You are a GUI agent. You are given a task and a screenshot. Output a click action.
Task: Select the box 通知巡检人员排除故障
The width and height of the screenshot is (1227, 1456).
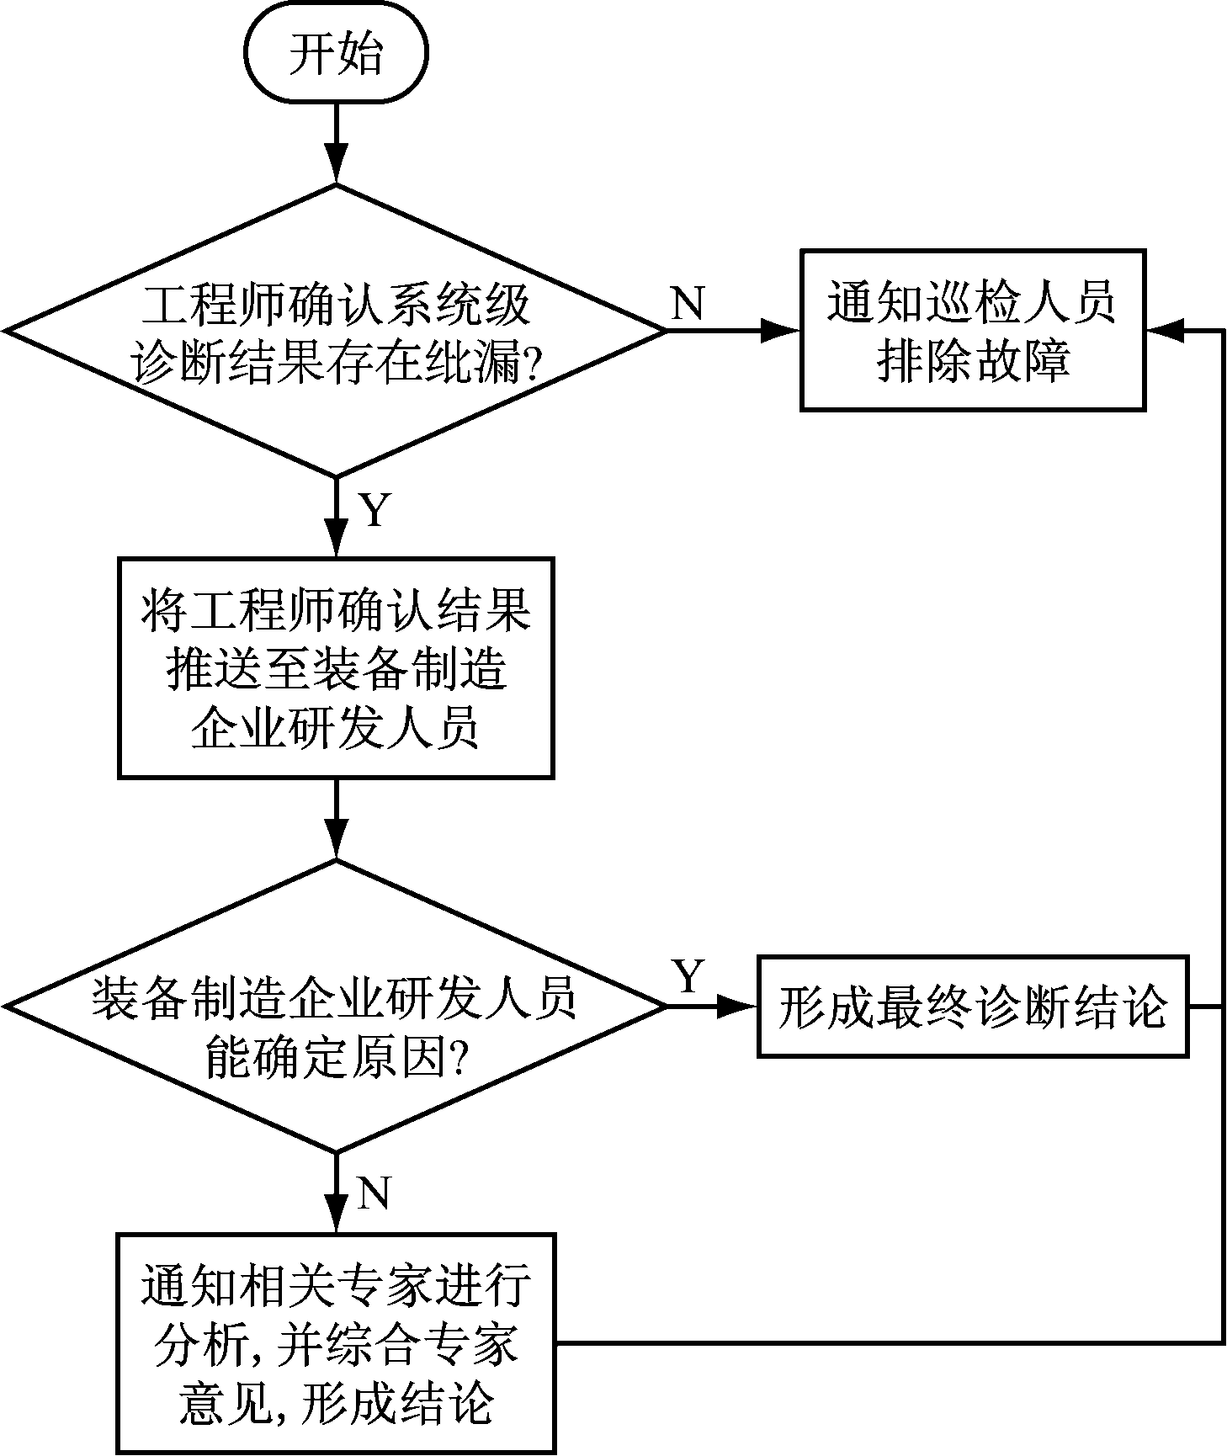pyautogui.click(x=972, y=329)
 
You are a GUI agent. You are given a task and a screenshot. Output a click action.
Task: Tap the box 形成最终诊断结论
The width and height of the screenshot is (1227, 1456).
pyautogui.click(x=972, y=1006)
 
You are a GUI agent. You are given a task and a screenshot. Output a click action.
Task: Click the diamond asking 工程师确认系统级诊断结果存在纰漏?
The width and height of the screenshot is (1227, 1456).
pyautogui.click(x=336, y=331)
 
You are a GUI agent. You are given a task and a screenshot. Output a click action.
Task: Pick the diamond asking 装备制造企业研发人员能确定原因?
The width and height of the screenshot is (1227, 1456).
pyautogui.click(x=336, y=1006)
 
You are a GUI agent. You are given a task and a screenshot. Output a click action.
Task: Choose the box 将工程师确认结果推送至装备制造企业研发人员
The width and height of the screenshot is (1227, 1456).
pyautogui.click(x=336, y=667)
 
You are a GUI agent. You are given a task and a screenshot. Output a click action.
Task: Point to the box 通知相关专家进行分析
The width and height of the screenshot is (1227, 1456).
pyautogui.click(x=336, y=1343)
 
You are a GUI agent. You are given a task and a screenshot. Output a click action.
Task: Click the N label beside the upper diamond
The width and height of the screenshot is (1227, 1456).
pyautogui.click(x=688, y=302)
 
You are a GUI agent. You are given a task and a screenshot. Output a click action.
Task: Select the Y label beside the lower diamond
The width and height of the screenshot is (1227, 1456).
pyautogui.click(x=688, y=976)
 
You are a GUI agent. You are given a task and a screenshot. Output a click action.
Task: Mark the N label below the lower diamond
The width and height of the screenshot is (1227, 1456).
pyautogui.click(x=374, y=1193)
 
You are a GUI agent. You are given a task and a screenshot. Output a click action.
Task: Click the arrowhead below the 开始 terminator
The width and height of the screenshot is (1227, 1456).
pyautogui.click(x=336, y=164)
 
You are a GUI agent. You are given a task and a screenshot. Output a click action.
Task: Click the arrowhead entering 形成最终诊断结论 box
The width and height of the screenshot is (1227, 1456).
pyautogui.click(x=738, y=1006)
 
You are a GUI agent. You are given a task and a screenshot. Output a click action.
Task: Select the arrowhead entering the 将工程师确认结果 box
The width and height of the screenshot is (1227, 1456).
pyautogui.click(x=336, y=539)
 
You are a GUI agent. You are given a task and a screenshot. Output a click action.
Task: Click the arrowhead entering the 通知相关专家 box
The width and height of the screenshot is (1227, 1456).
pyautogui.click(x=336, y=1216)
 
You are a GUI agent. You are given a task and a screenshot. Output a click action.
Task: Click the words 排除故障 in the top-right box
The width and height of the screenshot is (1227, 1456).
pyautogui.click(x=972, y=362)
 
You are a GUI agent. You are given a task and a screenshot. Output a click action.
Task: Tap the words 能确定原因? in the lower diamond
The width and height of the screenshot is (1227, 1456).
pyautogui.click(x=336, y=1062)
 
